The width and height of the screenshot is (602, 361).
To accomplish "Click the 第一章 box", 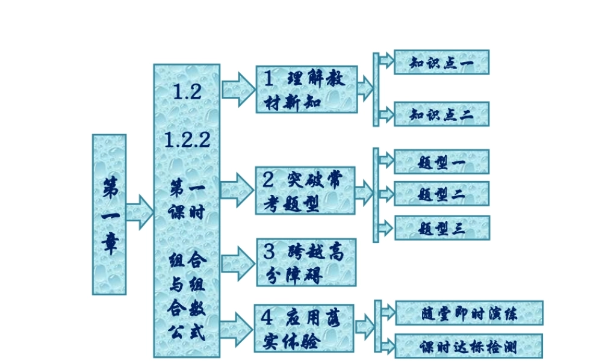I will tap(109, 214).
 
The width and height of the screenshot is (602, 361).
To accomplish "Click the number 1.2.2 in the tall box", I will tap(187, 141).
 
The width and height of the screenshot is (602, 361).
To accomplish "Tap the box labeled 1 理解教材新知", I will tap(306, 89).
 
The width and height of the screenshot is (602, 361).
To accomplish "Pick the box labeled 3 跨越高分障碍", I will tap(306, 262).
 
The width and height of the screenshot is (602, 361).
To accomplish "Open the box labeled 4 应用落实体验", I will tap(303, 329).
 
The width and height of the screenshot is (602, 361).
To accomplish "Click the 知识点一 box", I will tap(441, 63).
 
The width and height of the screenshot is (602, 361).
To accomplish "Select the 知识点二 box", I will tap(441, 114).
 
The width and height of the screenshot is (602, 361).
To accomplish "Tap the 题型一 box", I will tap(441, 162).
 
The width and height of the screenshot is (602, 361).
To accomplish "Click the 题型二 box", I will tap(441, 194).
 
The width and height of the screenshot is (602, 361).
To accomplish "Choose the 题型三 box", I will tap(441, 227).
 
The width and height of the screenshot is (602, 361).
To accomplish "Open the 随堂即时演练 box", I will tap(469, 313).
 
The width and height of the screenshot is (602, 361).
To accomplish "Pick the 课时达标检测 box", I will tap(469, 346).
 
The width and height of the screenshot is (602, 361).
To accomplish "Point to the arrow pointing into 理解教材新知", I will tap(239, 90).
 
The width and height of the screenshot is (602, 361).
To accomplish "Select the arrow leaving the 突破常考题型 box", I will tap(364, 193).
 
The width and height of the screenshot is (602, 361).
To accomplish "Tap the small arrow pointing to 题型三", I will tap(386, 227).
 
